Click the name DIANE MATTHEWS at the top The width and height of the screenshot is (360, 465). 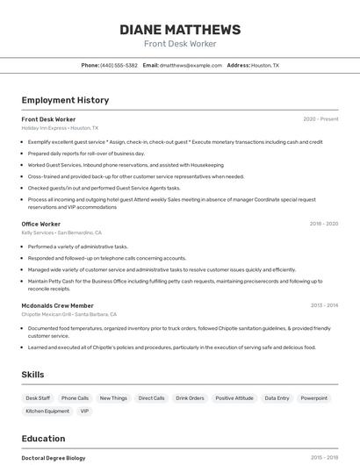point(179,30)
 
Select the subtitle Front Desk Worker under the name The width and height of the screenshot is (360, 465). point(179,44)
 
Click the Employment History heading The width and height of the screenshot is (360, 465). point(65,100)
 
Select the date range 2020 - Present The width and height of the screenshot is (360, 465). point(320,119)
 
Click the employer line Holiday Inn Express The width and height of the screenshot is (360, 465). point(60,128)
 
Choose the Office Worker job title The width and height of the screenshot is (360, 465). point(41,225)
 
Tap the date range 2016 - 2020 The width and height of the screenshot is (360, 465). point(323,225)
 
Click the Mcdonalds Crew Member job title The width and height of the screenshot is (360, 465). point(57,305)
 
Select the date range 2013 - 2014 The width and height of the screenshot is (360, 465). point(324,305)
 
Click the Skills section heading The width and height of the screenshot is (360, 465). point(33,375)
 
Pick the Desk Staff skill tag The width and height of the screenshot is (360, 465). point(38,398)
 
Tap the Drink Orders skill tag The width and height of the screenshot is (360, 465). point(190,398)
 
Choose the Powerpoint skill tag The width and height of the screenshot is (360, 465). point(313,398)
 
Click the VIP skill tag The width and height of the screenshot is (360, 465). point(84,411)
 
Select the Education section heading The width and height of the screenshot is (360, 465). point(44,439)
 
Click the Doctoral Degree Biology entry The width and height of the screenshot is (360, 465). point(54,458)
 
